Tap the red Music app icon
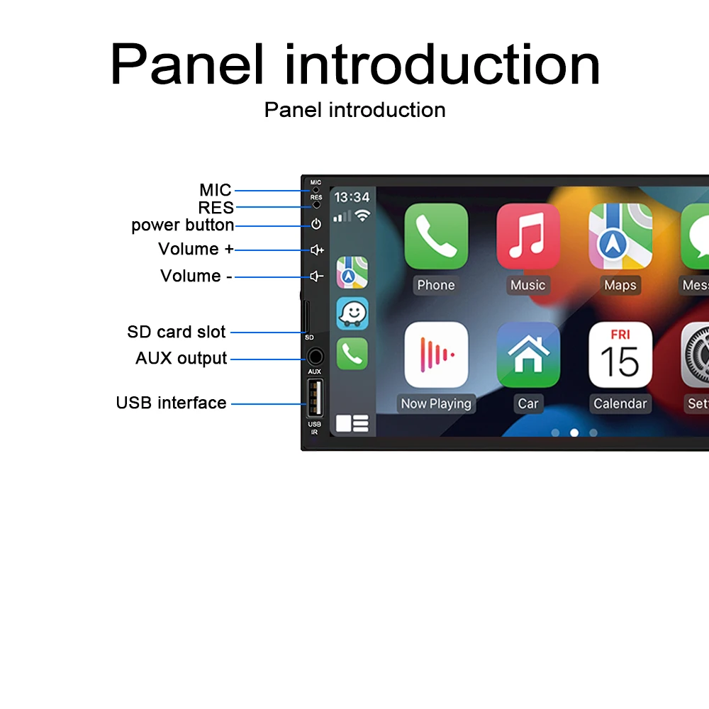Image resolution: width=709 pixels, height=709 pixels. (528, 236)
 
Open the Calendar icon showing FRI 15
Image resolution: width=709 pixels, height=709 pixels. (620, 354)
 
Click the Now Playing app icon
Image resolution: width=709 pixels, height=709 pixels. (436, 354)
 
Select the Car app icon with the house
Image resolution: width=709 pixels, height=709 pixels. (528, 354)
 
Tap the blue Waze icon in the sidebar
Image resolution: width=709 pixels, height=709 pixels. (352, 313)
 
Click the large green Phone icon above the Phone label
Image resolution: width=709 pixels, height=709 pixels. (436, 236)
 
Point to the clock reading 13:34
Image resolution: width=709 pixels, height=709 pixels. (352, 197)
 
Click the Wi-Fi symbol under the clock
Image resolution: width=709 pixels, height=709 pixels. (362, 216)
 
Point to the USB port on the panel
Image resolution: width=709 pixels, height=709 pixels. (316, 398)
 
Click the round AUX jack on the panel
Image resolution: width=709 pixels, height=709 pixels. (316, 357)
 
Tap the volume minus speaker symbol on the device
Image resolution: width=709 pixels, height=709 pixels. (316, 277)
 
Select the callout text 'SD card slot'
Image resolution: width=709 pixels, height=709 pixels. (177, 332)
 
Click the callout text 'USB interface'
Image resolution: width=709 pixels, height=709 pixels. (171, 403)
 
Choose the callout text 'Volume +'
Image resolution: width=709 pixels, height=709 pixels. (196, 249)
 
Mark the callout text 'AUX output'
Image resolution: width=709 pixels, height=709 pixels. (181, 358)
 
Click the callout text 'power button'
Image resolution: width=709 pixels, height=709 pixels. (183, 225)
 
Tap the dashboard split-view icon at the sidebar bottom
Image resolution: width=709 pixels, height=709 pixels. (352, 424)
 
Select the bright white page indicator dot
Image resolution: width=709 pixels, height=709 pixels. (574, 432)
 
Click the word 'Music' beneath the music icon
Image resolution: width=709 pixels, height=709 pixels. (528, 285)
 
